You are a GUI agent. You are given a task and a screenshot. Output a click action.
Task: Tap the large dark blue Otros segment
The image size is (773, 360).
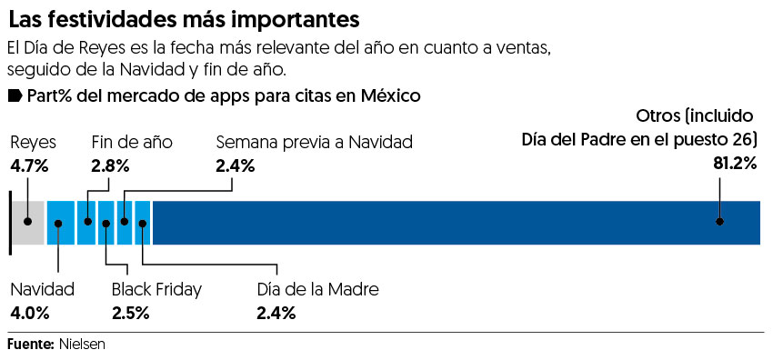point(455,222)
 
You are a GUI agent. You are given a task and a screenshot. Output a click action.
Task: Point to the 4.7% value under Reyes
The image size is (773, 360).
point(29,165)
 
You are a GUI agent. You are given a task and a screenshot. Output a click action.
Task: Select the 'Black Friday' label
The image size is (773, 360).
point(156,290)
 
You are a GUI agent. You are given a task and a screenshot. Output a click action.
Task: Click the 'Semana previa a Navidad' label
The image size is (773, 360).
point(314,142)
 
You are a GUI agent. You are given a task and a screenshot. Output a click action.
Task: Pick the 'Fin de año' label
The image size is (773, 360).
point(132,142)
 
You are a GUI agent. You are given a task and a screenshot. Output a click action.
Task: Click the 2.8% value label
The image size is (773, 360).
point(110,165)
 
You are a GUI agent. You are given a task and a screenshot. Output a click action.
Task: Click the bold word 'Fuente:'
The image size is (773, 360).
point(30,345)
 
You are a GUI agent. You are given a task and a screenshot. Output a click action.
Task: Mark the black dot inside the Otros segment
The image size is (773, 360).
point(719,221)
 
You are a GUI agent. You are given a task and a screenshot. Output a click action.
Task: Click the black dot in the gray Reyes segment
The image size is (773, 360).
point(28,221)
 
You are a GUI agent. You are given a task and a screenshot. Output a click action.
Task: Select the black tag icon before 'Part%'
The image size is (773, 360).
point(15,95)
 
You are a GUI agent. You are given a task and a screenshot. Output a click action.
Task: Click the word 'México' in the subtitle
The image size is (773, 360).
point(390,95)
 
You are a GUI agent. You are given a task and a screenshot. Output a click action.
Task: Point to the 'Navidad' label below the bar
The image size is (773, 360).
point(42,290)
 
